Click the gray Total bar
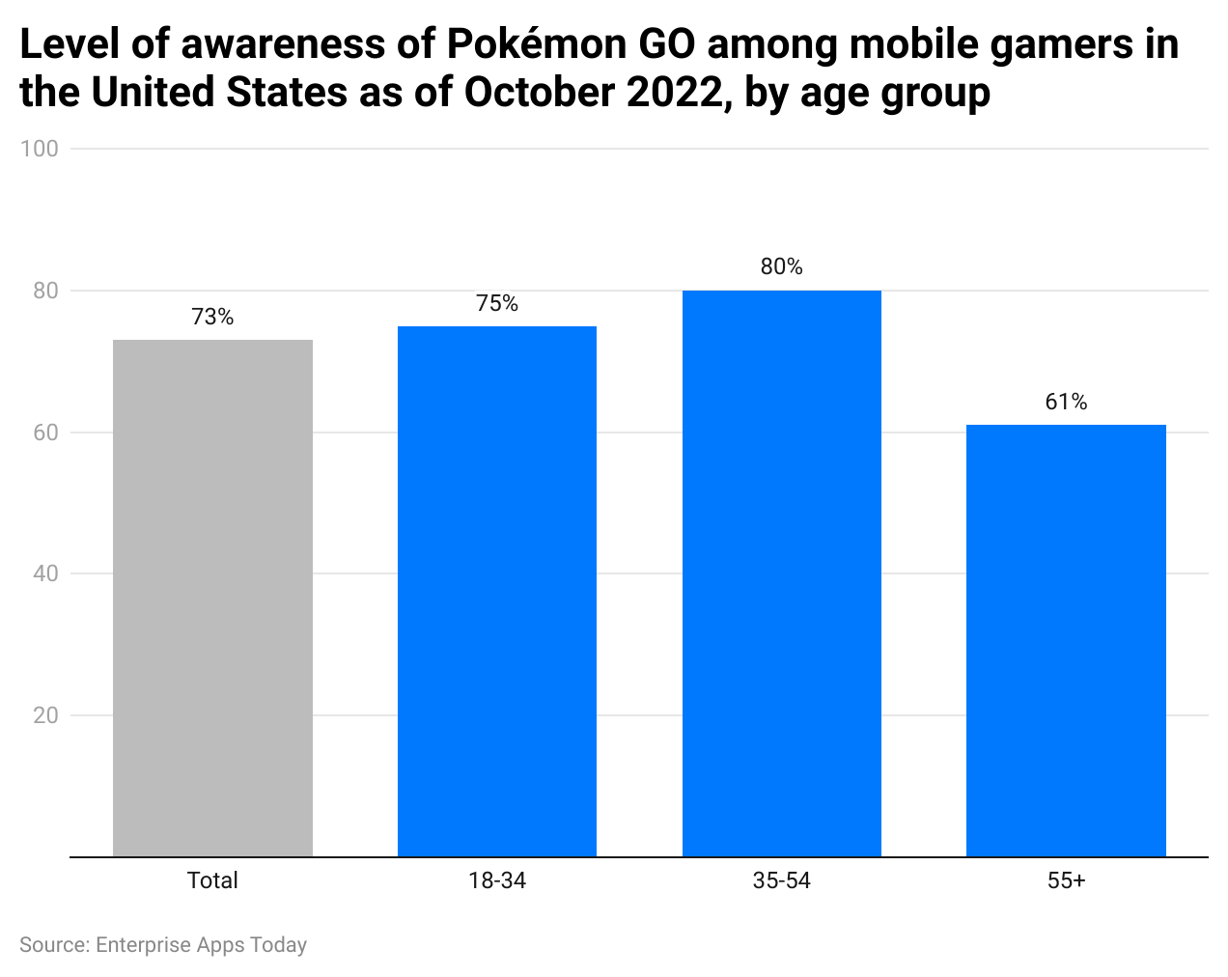click(212, 599)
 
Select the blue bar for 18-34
click(496, 591)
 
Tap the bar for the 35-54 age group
click(781, 573)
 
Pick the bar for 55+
click(1066, 640)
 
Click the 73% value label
click(212, 317)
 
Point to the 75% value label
click(496, 303)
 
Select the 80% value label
click(781, 266)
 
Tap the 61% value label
click(1066, 402)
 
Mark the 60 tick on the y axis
click(45, 433)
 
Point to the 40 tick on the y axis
click(45, 573)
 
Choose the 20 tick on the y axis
click(45, 715)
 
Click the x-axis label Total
click(212, 880)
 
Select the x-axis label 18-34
click(496, 880)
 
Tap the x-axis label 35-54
click(781, 880)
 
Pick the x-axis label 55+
click(1066, 880)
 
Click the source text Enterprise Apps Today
click(201, 945)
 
